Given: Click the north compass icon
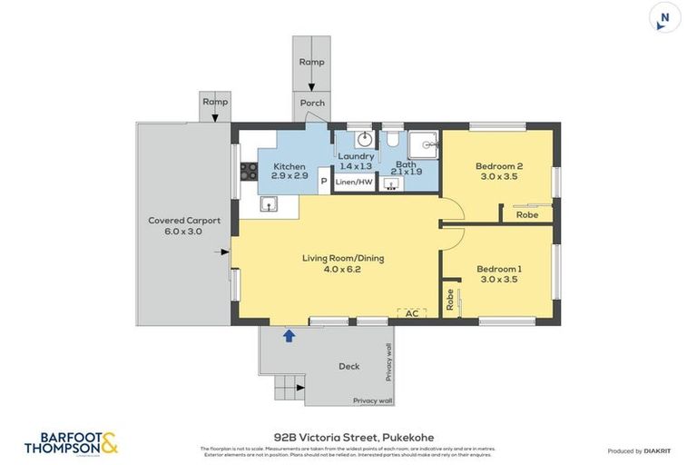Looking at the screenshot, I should coord(665,17).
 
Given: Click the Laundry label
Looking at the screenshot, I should coord(356,161).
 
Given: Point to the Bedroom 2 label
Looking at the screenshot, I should coord(498,171).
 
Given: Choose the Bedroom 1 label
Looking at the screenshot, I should coord(498,274).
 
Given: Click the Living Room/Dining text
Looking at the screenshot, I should coord(342,263).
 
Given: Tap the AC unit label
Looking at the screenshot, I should coord(411,313).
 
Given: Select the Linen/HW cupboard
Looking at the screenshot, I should coord(353,183).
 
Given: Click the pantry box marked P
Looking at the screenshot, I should coord(323,182).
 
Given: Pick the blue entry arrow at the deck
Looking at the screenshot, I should coord(289,336).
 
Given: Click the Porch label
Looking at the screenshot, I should coord(312,103).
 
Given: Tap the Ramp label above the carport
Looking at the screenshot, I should coord(215,102).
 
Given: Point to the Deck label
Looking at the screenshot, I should coord(348,367).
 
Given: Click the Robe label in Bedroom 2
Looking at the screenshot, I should coord(526,215).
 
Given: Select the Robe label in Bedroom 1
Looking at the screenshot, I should coord(449,300).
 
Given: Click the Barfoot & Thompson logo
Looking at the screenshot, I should coord(71,443).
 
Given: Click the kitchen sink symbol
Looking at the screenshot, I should coord(269,204).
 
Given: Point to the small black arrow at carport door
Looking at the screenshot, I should coord(224,252).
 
